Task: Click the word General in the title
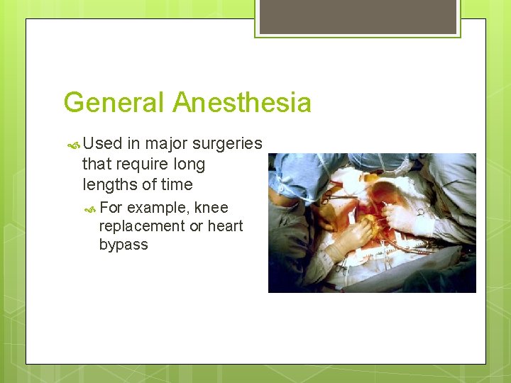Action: pos(114,103)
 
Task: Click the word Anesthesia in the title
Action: pos(242,103)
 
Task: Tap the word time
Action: pos(176,185)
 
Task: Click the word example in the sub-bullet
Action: pos(158,208)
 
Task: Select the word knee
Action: pos(211,208)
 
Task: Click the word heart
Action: pos(225,226)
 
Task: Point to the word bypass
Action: pos(123,245)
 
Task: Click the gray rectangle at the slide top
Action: pos(358,16)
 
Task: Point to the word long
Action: pos(189,165)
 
